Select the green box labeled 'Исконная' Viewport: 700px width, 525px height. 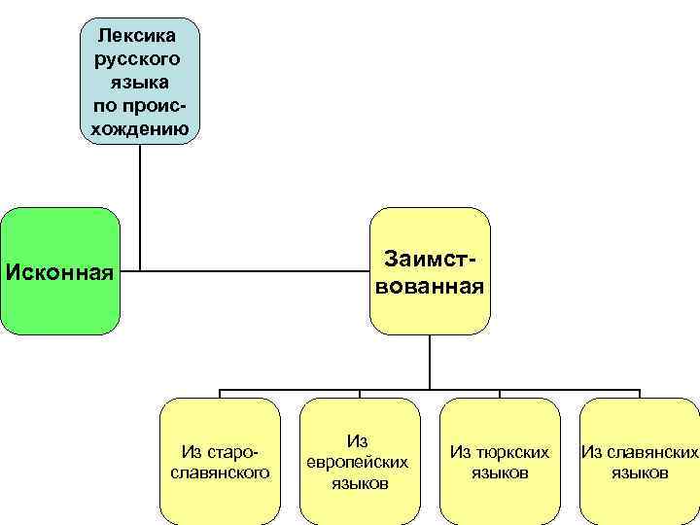60,270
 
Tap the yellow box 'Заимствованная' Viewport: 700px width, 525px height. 430,270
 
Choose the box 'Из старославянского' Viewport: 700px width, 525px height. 220,461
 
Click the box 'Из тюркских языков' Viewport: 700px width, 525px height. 500,461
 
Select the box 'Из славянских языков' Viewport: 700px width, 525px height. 639,461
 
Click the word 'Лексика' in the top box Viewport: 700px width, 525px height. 137,37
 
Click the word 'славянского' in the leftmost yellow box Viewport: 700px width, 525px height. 220,472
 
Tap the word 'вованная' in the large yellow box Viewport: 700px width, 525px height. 430,287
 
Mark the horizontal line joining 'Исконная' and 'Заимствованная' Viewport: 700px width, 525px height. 243,270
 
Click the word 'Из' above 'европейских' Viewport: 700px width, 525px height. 357,440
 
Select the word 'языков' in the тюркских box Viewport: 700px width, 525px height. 500,473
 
